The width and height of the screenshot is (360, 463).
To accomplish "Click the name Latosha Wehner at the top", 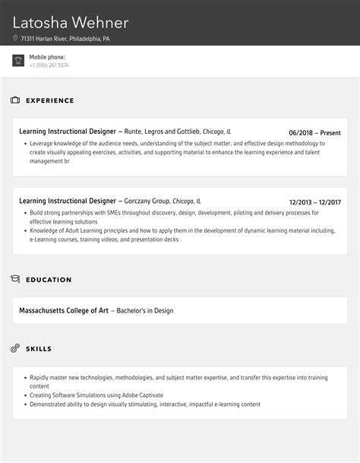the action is click(x=69, y=23).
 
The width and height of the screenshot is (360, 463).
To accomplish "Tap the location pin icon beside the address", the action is click(x=15, y=38).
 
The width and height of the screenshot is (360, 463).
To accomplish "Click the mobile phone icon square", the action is click(x=18, y=61).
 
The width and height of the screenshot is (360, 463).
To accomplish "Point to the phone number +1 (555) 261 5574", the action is click(x=49, y=65).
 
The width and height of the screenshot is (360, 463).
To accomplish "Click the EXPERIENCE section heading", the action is click(x=50, y=100).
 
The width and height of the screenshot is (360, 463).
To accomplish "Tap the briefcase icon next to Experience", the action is click(x=15, y=100).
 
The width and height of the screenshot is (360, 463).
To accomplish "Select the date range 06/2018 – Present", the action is click(x=314, y=132).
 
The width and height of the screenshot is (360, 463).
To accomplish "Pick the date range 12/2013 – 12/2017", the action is click(x=314, y=202).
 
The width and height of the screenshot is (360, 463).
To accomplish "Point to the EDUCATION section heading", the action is click(x=49, y=280).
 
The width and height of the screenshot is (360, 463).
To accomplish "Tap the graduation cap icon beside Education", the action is click(x=15, y=280).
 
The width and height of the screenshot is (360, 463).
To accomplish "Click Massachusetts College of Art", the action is click(x=64, y=310).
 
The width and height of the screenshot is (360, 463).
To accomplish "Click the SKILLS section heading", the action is click(x=39, y=349).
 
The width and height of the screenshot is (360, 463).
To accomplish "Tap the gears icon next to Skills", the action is click(x=15, y=349).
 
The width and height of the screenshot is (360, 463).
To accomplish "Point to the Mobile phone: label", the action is click(x=47, y=57).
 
